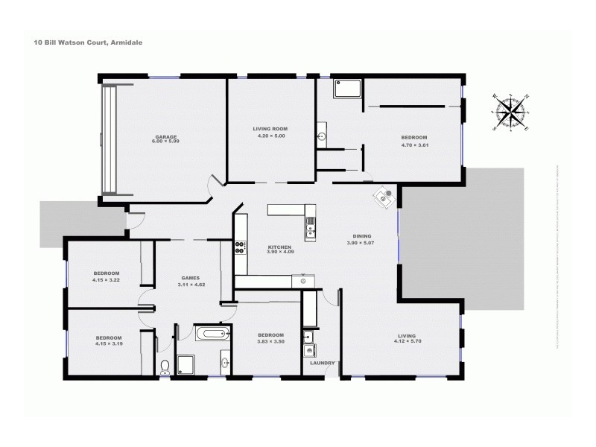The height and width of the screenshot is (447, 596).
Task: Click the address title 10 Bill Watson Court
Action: coord(88,43)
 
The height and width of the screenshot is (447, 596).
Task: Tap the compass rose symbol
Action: coord(510,113)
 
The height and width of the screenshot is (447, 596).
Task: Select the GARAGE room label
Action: coord(166,136)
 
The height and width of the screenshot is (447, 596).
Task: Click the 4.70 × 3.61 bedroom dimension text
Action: coord(413,145)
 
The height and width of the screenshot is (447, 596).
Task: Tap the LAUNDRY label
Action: coord(312,363)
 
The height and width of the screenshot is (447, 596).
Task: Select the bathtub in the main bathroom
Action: coord(212,333)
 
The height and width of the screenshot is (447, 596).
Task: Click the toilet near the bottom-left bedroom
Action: coord(165,365)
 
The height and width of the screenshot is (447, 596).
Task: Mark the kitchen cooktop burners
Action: coord(241,247)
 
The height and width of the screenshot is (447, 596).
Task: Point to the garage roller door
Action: coord(110,139)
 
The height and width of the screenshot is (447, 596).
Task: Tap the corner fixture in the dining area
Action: coord(385,197)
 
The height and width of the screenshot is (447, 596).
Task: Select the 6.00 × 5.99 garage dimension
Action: coord(166,142)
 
